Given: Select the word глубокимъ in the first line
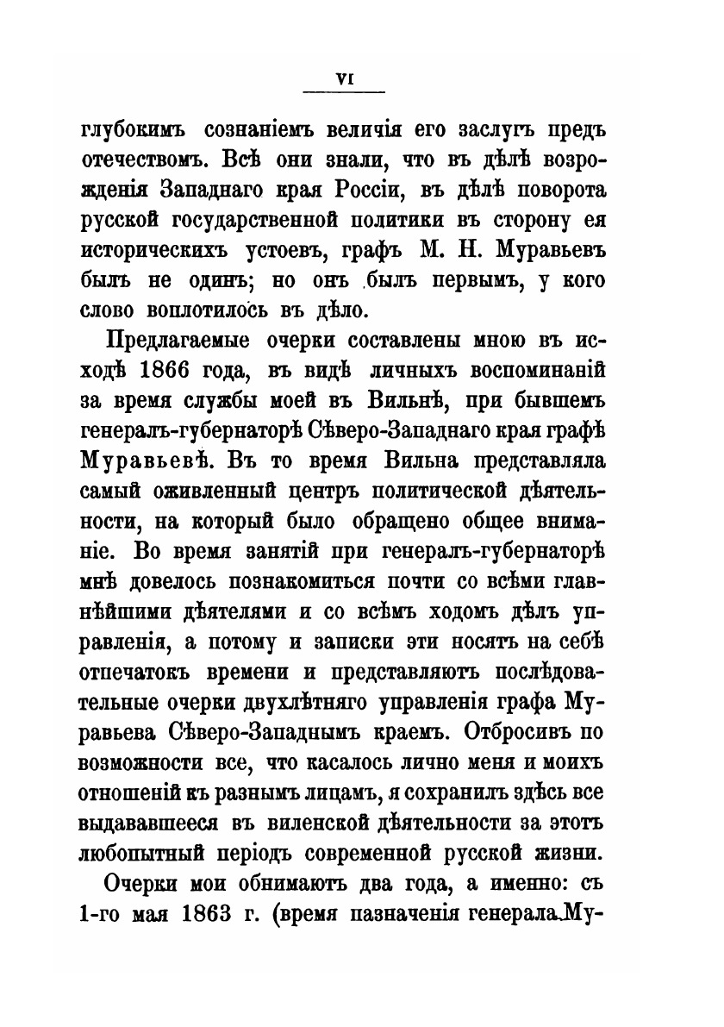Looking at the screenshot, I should tap(133, 130).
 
